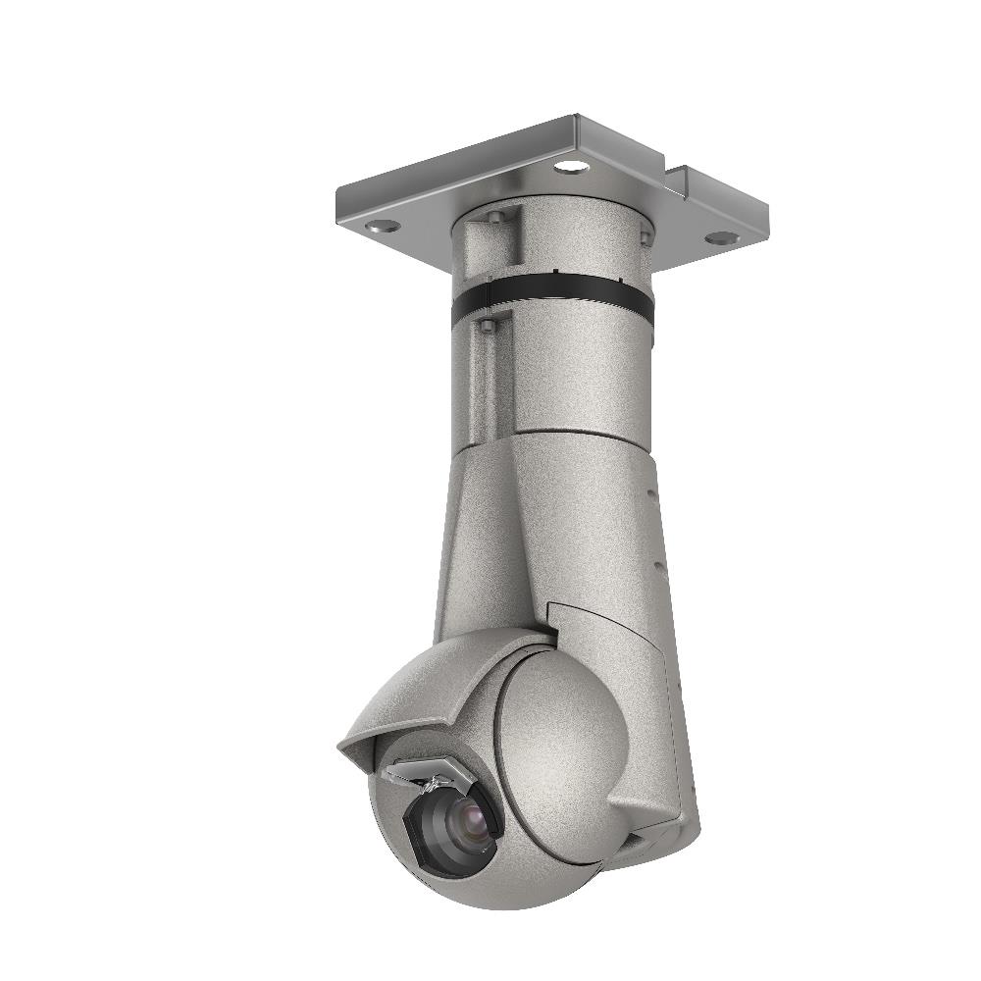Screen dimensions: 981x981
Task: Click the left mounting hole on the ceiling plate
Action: [x=383, y=226]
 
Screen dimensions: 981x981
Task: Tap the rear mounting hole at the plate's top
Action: [x=569, y=166]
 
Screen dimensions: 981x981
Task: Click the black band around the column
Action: [x=549, y=299]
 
